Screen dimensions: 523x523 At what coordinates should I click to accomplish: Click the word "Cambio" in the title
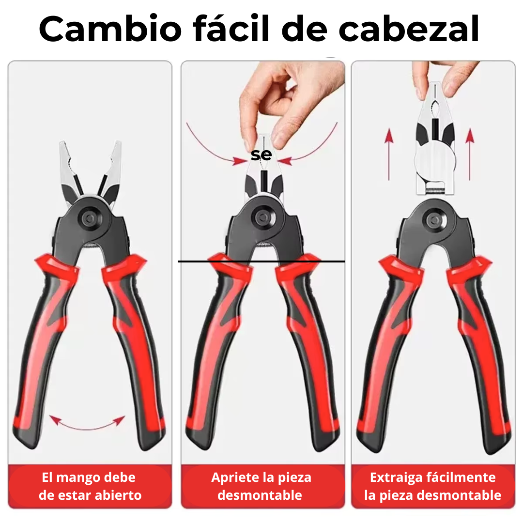(x=110, y=29)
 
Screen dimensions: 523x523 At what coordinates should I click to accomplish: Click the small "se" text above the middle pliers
(x=261, y=155)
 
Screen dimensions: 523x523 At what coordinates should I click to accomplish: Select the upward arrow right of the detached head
(x=469, y=155)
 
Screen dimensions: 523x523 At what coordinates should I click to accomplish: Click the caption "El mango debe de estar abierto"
(x=90, y=486)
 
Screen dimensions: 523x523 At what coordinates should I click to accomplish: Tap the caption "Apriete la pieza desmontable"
(x=261, y=486)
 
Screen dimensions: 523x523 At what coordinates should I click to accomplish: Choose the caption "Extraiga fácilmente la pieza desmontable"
(x=432, y=486)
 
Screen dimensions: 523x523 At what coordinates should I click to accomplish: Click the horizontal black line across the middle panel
(x=261, y=261)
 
